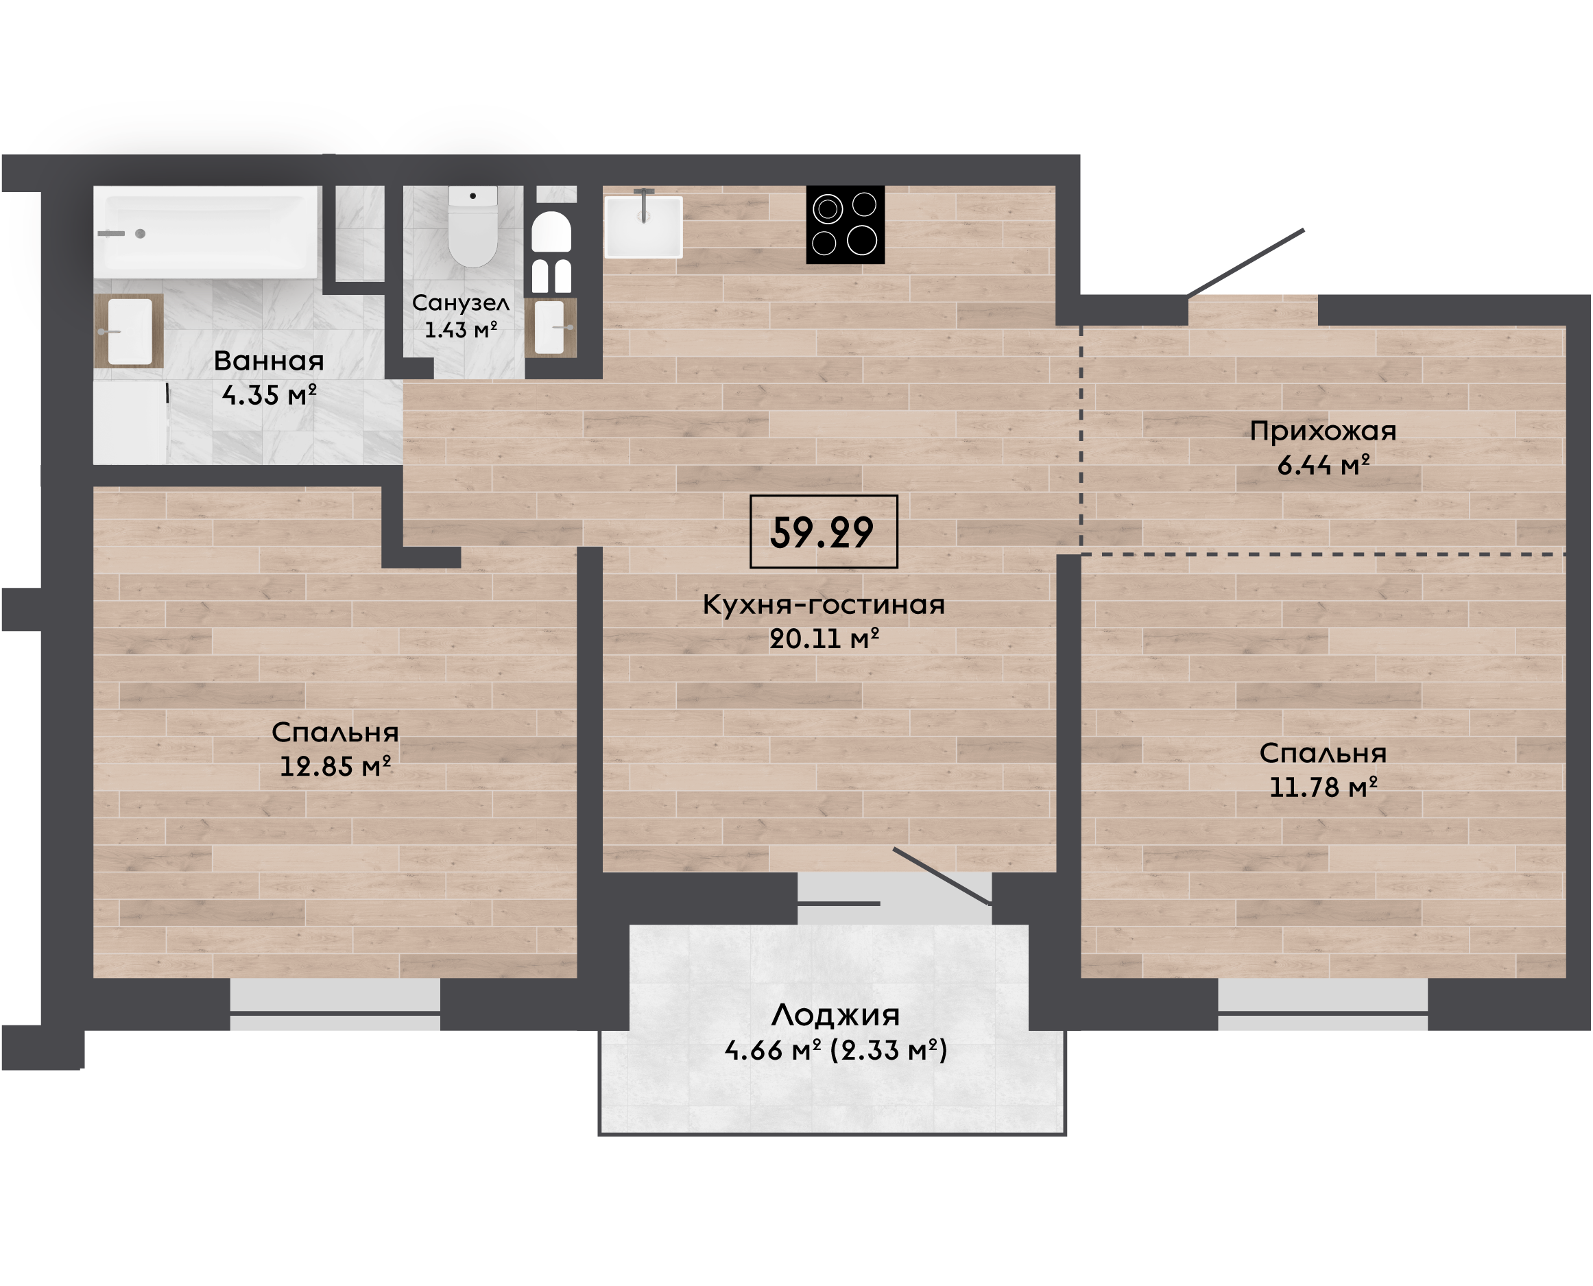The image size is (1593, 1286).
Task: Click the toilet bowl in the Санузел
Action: pos(472,226)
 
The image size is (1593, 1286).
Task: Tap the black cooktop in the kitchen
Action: pos(845,224)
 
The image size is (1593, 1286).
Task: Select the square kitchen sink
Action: pos(643,227)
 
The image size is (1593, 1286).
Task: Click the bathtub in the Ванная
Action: pos(206,232)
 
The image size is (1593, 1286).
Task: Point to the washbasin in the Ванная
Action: pos(130,331)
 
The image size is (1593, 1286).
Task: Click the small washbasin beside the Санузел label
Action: pos(550,326)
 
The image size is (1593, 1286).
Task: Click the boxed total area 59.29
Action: pos(824,532)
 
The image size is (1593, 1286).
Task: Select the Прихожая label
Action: pos(1323,431)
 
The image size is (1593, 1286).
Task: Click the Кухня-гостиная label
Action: pos(824,604)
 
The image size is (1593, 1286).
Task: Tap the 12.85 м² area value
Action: pos(335,766)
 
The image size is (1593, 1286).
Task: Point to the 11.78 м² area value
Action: pos(1323,787)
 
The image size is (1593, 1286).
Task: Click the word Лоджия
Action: pos(835,1016)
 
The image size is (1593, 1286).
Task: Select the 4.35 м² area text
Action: pos(269,395)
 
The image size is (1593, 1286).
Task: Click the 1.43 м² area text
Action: pos(460,330)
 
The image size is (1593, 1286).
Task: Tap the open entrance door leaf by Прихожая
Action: pos(1245,263)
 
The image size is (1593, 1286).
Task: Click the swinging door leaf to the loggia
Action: pos(942,877)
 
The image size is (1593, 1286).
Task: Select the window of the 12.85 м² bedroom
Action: pos(335,1005)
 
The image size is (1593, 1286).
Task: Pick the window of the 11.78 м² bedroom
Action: pos(1323,1005)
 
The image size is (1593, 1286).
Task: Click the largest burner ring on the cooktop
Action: pos(862,240)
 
